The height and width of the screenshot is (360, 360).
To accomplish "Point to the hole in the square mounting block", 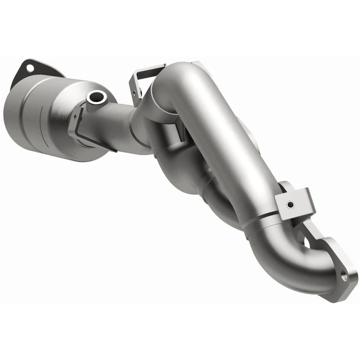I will coord(290,205).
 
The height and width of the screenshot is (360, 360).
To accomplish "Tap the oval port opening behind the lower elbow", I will coord(306,242).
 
